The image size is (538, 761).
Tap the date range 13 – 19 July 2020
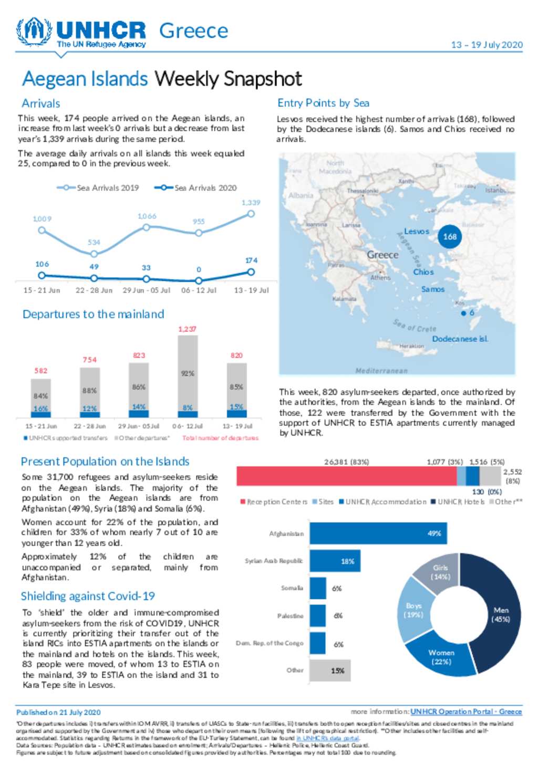click(487, 45)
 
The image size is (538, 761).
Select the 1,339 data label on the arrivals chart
click(251, 202)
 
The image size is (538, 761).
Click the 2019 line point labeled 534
click(94, 254)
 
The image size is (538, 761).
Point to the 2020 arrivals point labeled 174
click(251, 272)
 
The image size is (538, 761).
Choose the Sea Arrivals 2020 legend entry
click(195, 187)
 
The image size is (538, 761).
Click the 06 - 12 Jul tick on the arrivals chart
click(199, 290)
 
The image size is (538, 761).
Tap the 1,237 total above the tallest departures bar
click(187, 329)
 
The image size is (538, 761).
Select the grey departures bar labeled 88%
click(90, 386)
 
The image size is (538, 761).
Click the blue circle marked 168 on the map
click(450, 236)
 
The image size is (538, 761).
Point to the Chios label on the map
click(423, 272)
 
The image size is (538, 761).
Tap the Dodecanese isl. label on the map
click(460, 339)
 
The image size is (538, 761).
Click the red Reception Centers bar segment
click(346, 476)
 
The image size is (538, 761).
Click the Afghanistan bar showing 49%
click(378, 533)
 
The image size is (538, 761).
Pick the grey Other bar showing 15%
click(330, 670)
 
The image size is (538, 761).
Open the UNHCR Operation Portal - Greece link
click(466, 712)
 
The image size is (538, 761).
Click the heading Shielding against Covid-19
click(88, 596)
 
